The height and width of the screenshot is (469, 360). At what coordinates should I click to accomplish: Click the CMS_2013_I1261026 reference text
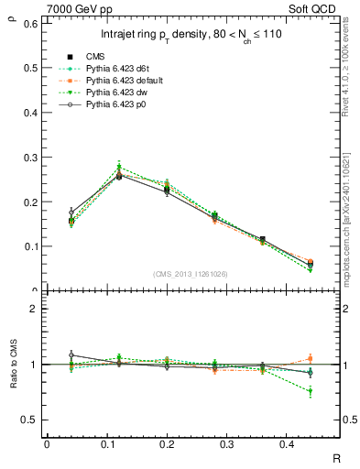click(x=190, y=274)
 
